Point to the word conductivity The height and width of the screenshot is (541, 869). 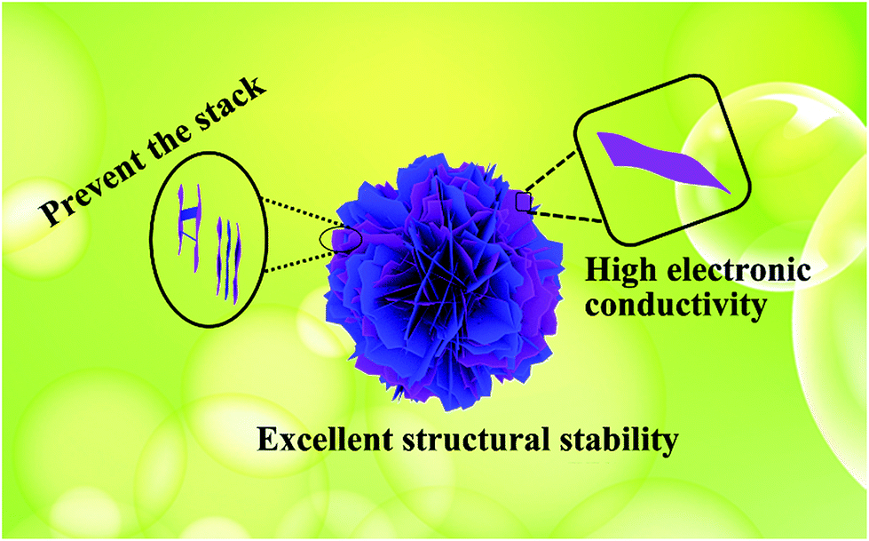[x=676, y=304]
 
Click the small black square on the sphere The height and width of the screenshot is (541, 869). [x=524, y=202]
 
